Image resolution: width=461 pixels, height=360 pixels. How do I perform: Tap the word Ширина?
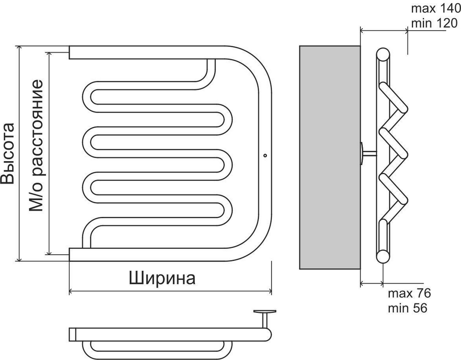pos(162,278)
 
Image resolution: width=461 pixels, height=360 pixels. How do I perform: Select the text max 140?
pos(435,9)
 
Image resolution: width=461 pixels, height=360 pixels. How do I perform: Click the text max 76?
pos(409,294)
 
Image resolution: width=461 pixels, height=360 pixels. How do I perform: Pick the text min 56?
pos(407,308)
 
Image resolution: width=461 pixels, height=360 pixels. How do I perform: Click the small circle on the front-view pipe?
pos(265,156)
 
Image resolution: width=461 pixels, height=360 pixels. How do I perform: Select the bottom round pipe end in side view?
pos(382,256)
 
